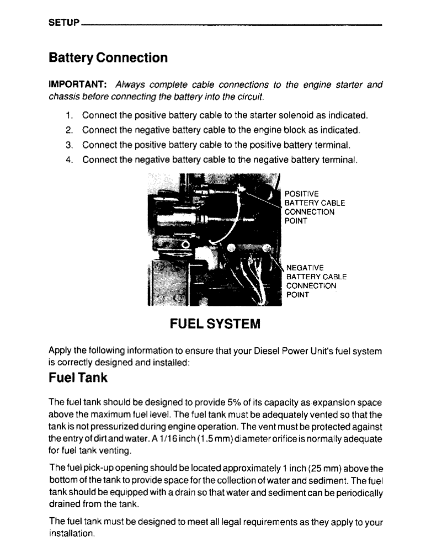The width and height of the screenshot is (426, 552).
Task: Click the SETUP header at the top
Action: [64, 24]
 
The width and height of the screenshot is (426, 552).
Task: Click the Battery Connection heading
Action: [108, 57]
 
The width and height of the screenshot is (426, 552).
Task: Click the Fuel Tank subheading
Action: [78, 378]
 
